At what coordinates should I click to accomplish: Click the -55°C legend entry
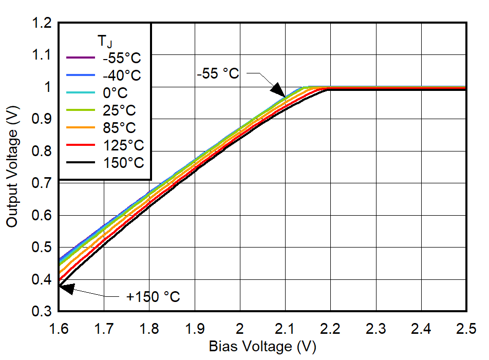[121, 58]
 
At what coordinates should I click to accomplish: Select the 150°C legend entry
[123, 163]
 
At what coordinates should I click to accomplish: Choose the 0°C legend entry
[115, 93]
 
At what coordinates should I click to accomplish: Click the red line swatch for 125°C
[81, 145]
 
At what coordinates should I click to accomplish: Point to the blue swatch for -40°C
[81, 75]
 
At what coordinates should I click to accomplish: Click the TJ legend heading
[104, 40]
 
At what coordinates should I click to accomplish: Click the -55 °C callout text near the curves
[217, 73]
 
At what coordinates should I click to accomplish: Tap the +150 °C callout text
[153, 297]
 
